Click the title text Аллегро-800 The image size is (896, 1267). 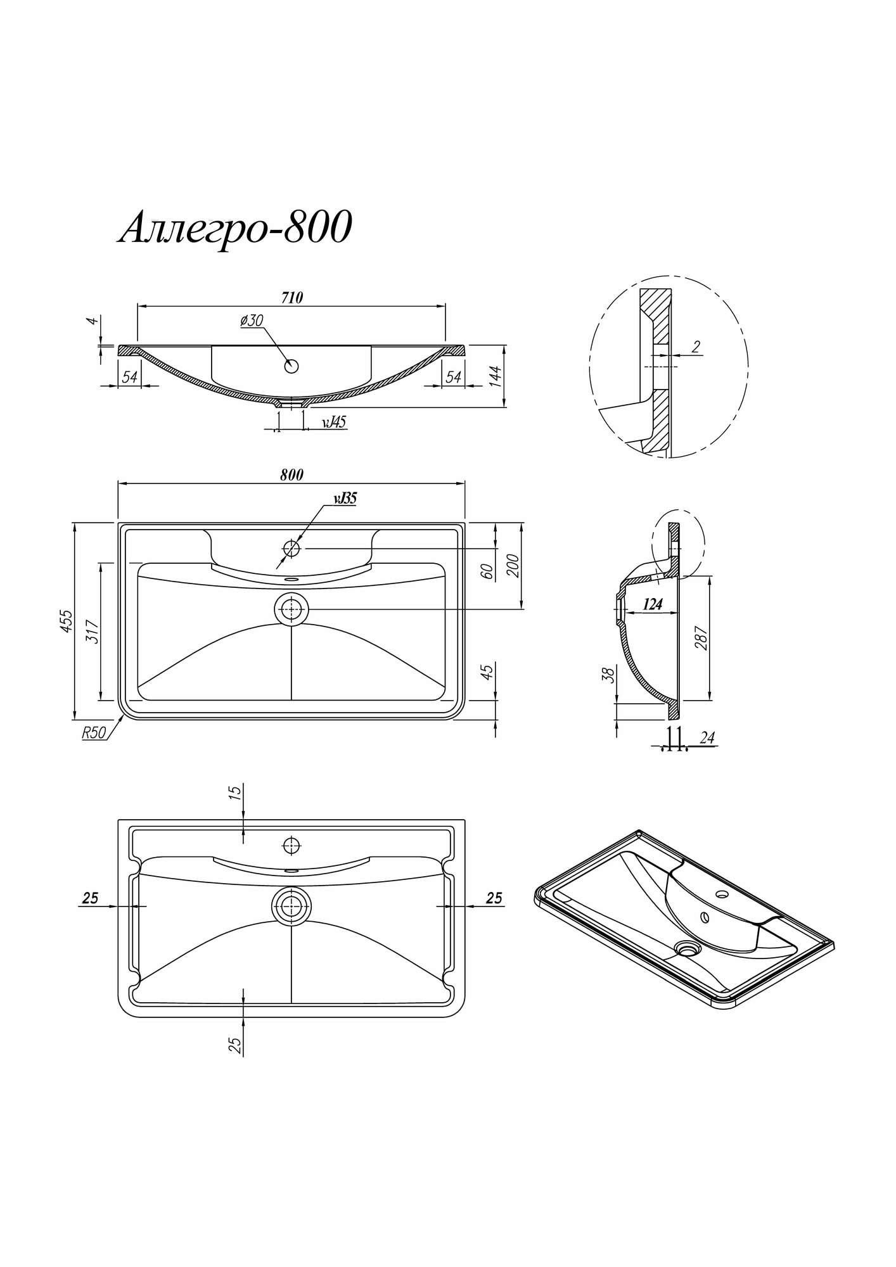pos(234,229)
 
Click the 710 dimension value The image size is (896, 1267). pos(291,297)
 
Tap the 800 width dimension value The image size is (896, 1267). pos(291,474)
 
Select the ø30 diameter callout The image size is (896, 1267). pos(252,321)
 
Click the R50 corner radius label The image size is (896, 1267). pos(93,733)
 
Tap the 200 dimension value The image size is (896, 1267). pos(513,565)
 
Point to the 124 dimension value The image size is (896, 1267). pos(653,604)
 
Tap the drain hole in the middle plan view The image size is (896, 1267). pos(291,609)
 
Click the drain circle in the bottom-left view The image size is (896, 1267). pos(291,906)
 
